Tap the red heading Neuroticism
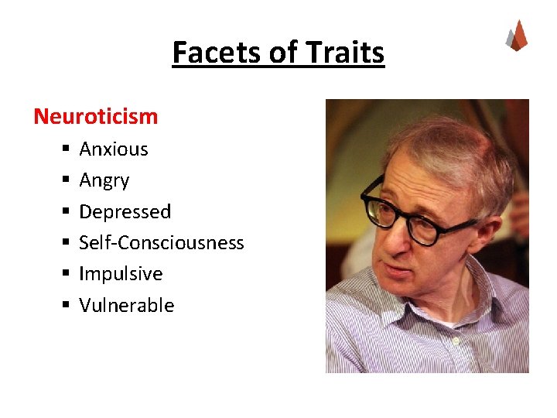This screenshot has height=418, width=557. pyautogui.click(x=95, y=116)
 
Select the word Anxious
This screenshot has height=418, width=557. pyautogui.click(x=114, y=149)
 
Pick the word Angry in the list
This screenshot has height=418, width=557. pyautogui.click(x=104, y=180)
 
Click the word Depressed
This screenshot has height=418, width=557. pyautogui.click(x=125, y=211)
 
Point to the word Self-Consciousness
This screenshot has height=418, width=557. pyautogui.click(x=162, y=242)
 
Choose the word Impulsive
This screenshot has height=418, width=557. pyautogui.click(x=121, y=273)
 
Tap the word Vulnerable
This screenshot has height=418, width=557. pyautogui.click(x=127, y=305)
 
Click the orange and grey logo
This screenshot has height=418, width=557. pyautogui.click(x=516, y=35)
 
